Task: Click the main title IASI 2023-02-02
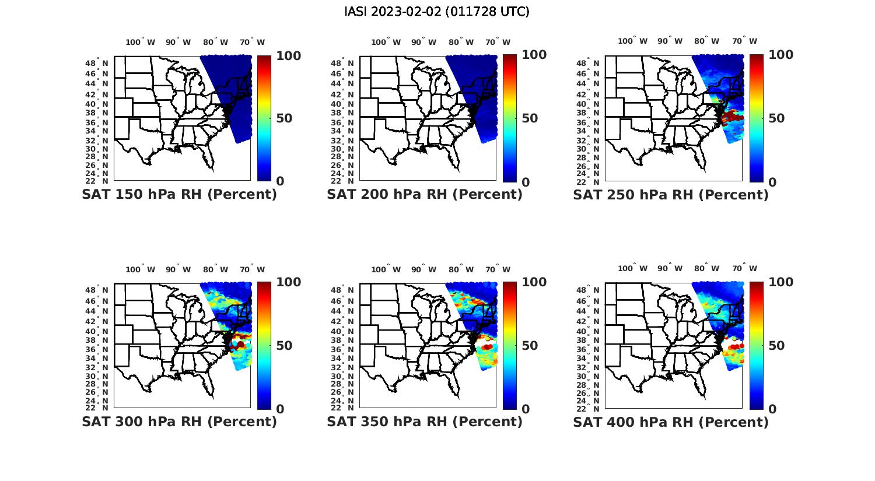tap(437, 12)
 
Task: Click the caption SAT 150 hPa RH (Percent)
tap(180, 194)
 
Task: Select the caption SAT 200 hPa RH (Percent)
tap(425, 194)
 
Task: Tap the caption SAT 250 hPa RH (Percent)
tap(671, 195)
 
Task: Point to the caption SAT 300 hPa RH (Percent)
tap(180, 422)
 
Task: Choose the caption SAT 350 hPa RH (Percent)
tap(425, 422)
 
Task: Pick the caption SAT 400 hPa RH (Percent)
tap(671, 422)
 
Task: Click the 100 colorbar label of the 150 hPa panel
tap(288, 55)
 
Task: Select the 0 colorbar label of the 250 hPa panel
tap(772, 182)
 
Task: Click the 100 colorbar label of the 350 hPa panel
tap(534, 282)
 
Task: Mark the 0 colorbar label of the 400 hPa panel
tap(772, 409)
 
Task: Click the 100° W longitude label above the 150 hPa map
tap(141, 42)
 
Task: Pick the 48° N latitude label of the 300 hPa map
tap(101, 290)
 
